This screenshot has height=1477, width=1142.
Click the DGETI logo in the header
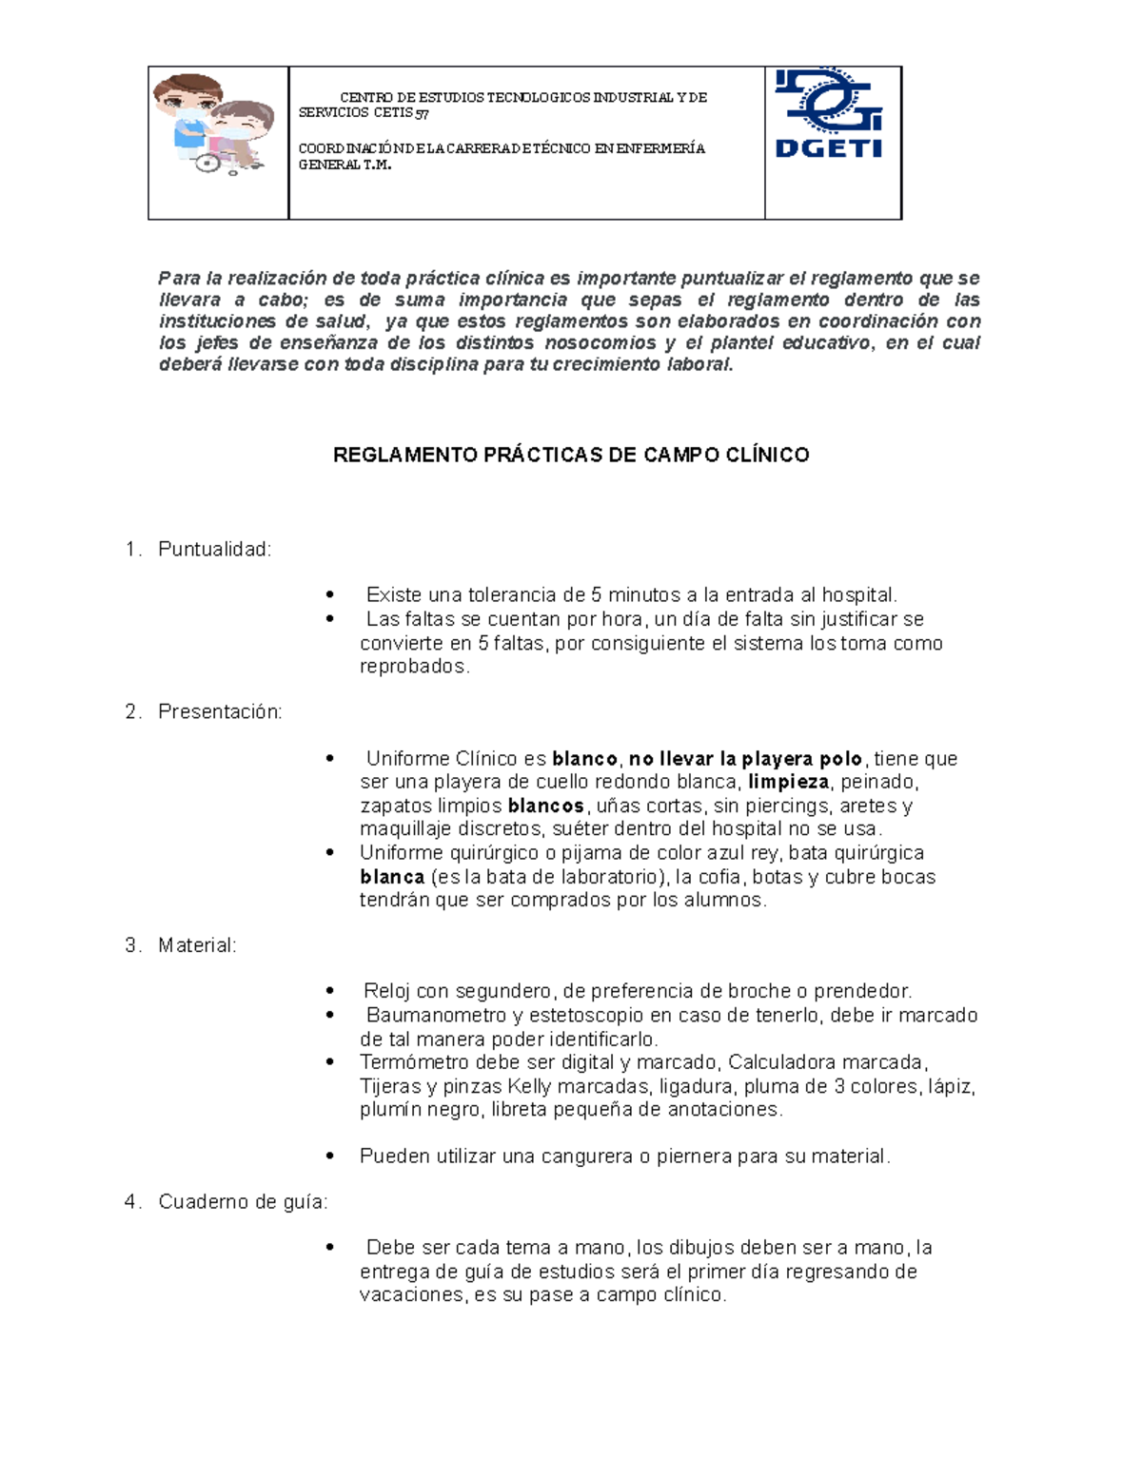click(x=829, y=114)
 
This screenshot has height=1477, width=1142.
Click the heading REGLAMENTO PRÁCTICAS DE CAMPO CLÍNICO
click(x=571, y=455)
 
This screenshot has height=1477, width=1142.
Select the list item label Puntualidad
click(x=214, y=550)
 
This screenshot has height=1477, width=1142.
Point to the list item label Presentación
click(x=220, y=711)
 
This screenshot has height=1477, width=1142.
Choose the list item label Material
click(x=197, y=945)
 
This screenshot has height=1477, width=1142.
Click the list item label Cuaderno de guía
click(x=243, y=1202)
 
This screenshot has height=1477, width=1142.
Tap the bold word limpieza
click(x=788, y=783)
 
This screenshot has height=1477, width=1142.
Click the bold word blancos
click(x=545, y=806)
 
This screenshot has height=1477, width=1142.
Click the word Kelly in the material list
click(x=529, y=1086)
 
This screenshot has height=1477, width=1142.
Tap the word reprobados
click(x=414, y=667)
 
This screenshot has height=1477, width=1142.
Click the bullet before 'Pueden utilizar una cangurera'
click(x=330, y=1156)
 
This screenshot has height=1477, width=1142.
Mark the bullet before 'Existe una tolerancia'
click(x=330, y=595)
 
